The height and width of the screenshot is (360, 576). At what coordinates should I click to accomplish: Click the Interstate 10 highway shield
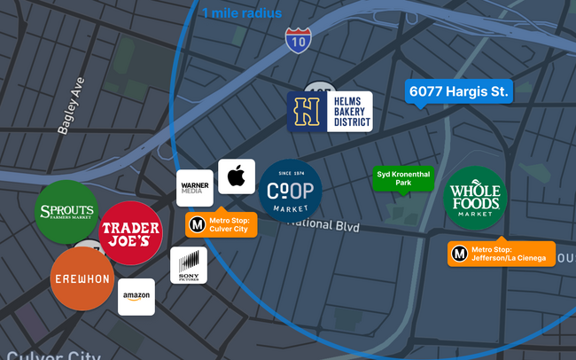point(298,38)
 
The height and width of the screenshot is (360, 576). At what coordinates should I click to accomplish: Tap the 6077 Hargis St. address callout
point(459,91)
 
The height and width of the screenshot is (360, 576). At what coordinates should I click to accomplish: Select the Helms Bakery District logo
point(330,112)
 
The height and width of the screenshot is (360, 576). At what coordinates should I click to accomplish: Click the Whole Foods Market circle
point(474,199)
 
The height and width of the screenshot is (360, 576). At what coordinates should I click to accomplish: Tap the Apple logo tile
point(237,177)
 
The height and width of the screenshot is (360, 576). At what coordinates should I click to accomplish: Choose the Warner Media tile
point(194,188)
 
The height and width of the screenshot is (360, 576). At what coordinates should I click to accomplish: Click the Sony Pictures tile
point(189,265)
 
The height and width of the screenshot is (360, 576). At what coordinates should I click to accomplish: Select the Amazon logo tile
point(136,297)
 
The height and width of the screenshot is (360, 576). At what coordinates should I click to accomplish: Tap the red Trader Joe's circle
point(130,234)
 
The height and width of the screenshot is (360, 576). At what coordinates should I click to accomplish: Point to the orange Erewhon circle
point(82,278)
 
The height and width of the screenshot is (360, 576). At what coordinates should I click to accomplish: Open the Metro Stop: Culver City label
point(222,224)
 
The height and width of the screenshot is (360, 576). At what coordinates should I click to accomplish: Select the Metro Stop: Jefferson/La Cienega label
point(502,254)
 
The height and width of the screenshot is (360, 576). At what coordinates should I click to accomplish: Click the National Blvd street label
point(325,225)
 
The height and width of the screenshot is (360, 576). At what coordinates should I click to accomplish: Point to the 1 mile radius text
point(242,13)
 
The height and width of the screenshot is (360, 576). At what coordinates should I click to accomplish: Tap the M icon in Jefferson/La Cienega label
point(460,254)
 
